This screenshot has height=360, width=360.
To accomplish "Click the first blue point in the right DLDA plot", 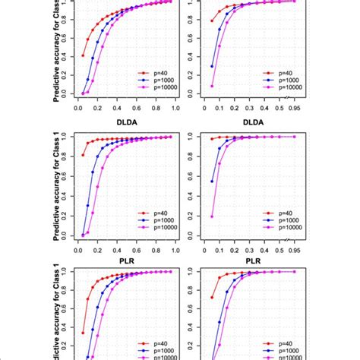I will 211,182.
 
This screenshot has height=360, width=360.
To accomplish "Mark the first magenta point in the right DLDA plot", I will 211,216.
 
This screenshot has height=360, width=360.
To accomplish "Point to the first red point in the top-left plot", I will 83,55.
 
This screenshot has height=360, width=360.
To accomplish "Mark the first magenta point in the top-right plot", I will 211,86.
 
